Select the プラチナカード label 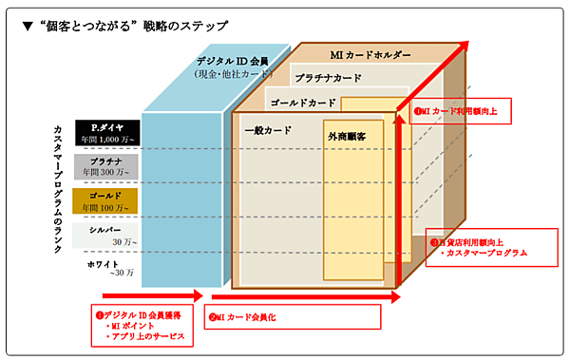point(328,78)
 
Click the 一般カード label point(268,130)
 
